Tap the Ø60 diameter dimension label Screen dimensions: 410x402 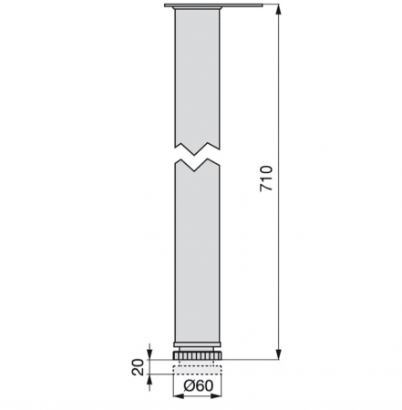pos(199,386)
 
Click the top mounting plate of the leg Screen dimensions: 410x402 pos(198,7)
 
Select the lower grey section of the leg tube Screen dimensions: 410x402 pos(198,255)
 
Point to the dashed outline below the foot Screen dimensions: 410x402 pos(198,367)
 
